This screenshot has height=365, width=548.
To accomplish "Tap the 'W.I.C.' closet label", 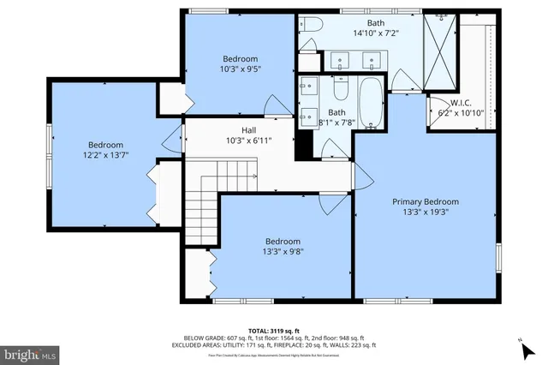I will click(x=450, y=103).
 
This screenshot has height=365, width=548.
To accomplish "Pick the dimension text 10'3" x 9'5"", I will click(x=240, y=69).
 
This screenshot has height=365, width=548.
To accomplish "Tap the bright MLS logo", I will click(x=30, y=352).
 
